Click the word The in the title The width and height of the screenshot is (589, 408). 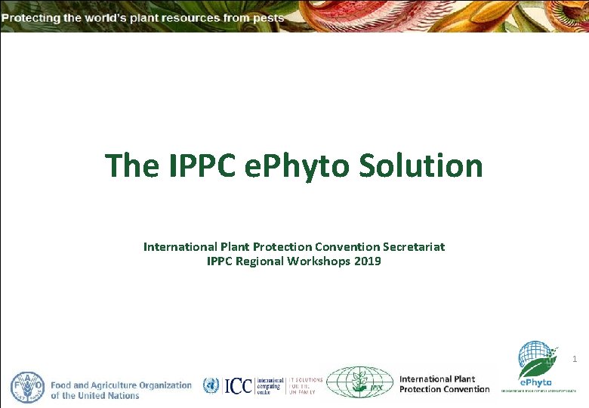coord(131,165)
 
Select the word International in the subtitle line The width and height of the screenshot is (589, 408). coord(180,246)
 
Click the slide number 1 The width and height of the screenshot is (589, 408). coord(574,360)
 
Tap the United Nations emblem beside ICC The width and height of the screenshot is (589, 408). coord(211,386)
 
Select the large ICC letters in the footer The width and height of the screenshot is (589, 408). coord(238,386)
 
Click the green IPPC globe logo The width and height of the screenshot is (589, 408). coord(360,383)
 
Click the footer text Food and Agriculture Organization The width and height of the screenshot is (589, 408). coord(122,385)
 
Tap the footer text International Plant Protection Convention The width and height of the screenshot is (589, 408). coord(444,384)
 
